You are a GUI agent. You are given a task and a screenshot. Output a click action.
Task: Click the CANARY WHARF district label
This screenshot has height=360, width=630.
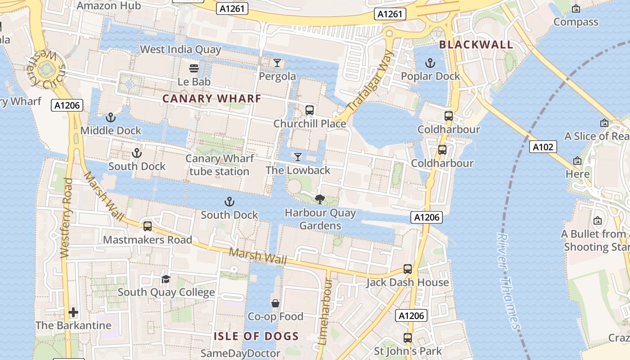[211, 99]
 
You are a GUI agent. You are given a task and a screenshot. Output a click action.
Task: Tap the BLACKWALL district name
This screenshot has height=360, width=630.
[476, 45]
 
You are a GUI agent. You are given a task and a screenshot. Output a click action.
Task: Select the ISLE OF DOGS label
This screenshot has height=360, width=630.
[256, 336]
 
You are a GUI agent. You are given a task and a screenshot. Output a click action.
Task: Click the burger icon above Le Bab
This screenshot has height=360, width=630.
[194, 68]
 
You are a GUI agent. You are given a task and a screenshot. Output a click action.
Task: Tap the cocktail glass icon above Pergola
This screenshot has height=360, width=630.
[277, 63]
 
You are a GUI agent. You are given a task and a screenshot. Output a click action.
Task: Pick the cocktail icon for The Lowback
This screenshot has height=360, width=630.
[297, 157]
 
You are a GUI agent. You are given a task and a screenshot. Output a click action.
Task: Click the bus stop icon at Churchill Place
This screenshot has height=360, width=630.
[309, 110]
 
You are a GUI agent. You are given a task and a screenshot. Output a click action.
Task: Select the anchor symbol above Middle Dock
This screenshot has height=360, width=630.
[110, 117]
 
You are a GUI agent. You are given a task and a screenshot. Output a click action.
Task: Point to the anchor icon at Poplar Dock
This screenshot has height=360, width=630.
[431, 63]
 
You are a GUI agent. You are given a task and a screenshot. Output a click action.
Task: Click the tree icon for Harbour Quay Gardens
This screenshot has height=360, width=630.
[320, 199]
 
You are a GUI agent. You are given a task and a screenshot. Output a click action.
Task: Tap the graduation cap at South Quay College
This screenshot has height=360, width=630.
[166, 279]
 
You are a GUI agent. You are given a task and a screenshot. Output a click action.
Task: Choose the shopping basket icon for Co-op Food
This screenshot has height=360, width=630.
[275, 303]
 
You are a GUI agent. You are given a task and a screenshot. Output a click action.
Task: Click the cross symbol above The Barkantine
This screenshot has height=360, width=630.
[73, 312]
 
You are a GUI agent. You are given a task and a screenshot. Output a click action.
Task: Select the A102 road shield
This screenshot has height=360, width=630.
[543, 147]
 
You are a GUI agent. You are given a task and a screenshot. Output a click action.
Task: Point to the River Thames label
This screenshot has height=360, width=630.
[508, 281]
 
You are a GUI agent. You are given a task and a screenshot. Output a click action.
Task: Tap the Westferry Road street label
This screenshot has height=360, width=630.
[66, 218]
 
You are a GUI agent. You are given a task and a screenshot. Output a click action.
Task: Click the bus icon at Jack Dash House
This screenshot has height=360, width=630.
[407, 269]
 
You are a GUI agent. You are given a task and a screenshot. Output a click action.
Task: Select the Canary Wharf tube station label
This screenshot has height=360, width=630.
[220, 165]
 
